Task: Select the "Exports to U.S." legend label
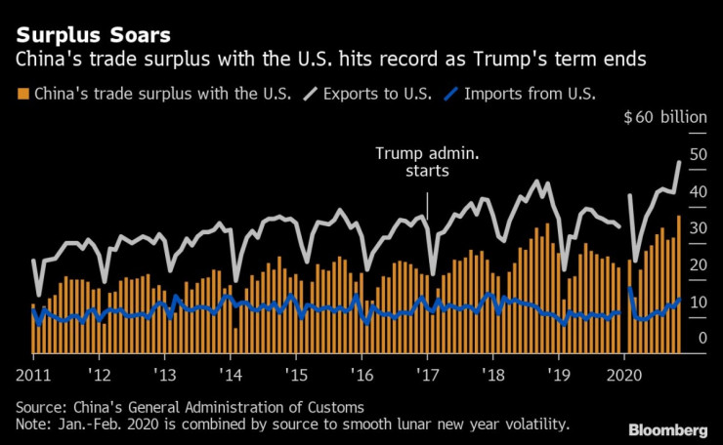coord(380,95)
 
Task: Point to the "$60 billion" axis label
coord(664,118)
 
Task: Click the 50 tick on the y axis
coord(698,154)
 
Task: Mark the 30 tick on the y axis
coord(698,228)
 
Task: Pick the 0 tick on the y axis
coord(698,339)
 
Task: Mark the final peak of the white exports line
coord(679,162)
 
